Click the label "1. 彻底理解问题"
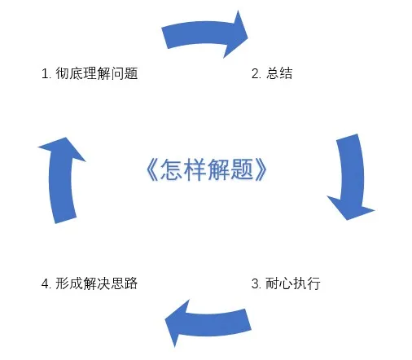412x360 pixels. click(90, 73)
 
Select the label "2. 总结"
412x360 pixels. click(272, 73)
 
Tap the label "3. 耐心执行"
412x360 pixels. click(286, 283)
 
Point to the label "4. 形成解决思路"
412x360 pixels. click(90, 283)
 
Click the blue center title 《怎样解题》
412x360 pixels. click(207, 169)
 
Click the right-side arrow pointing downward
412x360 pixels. click(352, 177)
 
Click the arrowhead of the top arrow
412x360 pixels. click(236, 34)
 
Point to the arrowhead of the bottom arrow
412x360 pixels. click(177, 323)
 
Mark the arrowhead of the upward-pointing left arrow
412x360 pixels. click(63, 149)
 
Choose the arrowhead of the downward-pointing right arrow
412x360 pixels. click(350, 208)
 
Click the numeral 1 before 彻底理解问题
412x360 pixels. click(45, 74)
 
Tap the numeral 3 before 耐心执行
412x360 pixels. click(256, 284)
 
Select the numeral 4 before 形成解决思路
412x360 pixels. click(46, 284)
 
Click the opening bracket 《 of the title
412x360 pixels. click(152, 169)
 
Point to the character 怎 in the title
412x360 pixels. click(171, 169)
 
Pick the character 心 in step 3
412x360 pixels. click(286, 283)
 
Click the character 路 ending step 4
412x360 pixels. click(131, 283)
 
